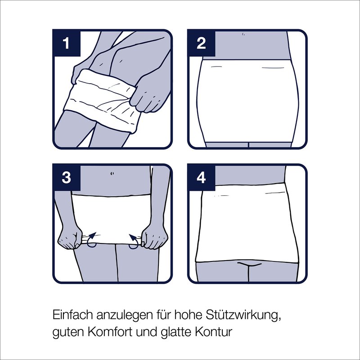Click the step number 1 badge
(67, 43)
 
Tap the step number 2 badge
(201, 43)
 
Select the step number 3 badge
(67, 177)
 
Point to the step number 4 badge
(201, 177)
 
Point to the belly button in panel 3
(112, 174)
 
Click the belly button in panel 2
(243, 35)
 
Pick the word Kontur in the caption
(214, 332)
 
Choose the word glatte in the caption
(175, 332)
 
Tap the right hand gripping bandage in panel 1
(148, 96)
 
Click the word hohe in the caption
(188, 315)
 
